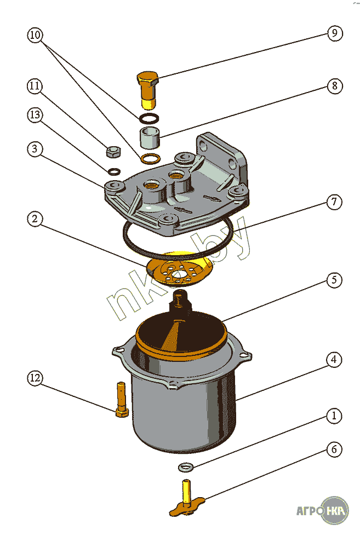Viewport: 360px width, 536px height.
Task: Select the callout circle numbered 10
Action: pyautogui.click(x=35, y=36)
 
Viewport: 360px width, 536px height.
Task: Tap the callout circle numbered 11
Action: pyautogui.click(x=35, y=86)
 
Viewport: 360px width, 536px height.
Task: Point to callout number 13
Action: pyautogui.click(x=35, y=115)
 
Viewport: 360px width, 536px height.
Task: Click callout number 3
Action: pyautogui.click(x=35, y=149)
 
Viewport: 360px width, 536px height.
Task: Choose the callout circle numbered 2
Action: pyautogui.click(x=35, y=219)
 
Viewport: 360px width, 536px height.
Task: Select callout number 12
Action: pyautogui.click(x=35, y=378)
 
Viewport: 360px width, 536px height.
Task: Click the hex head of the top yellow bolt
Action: pyautogui.click(x=147, y=80)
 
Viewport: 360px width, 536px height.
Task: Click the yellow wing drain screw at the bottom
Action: pyautogui.click(x=186, y=504)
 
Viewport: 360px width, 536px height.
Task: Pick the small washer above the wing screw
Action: pyautogui.click(x=186, y=467)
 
